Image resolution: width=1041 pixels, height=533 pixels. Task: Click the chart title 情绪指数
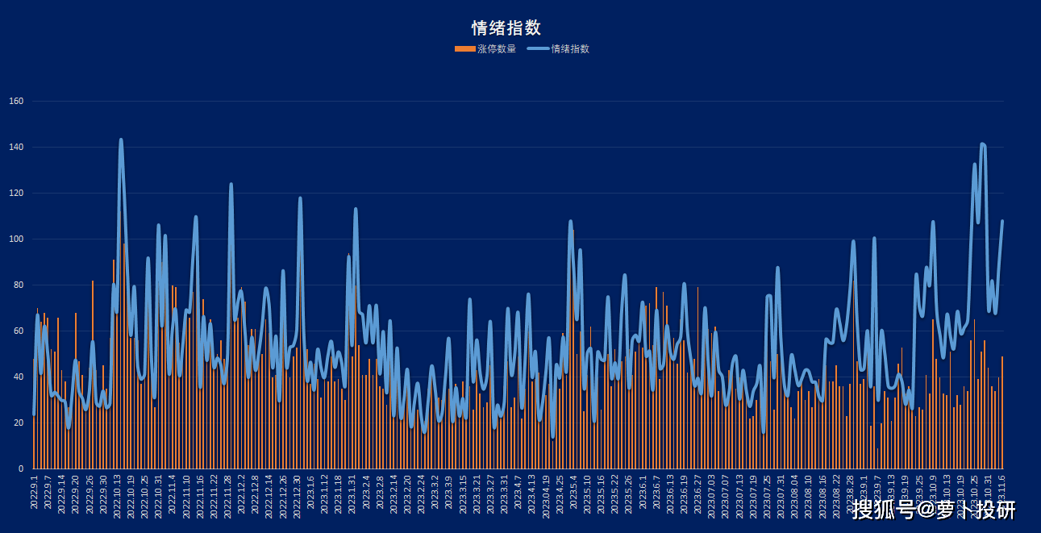coord(506,27)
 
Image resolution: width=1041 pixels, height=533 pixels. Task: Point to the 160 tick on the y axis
coord(17,102)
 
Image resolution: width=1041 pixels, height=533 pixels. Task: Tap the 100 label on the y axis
coord(17,239)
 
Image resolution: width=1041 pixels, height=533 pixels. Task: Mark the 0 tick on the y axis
coord(22,469)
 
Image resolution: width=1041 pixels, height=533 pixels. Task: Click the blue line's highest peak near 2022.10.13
coord(121,139)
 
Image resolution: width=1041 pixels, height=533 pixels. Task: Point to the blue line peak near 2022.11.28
coord(231,185)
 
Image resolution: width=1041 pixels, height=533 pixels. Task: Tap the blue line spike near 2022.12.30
coord(300,198)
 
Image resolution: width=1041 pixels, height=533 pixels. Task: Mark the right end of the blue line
coord(1002,221)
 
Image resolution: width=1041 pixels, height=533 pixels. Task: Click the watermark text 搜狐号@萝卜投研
coord(934,510)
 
